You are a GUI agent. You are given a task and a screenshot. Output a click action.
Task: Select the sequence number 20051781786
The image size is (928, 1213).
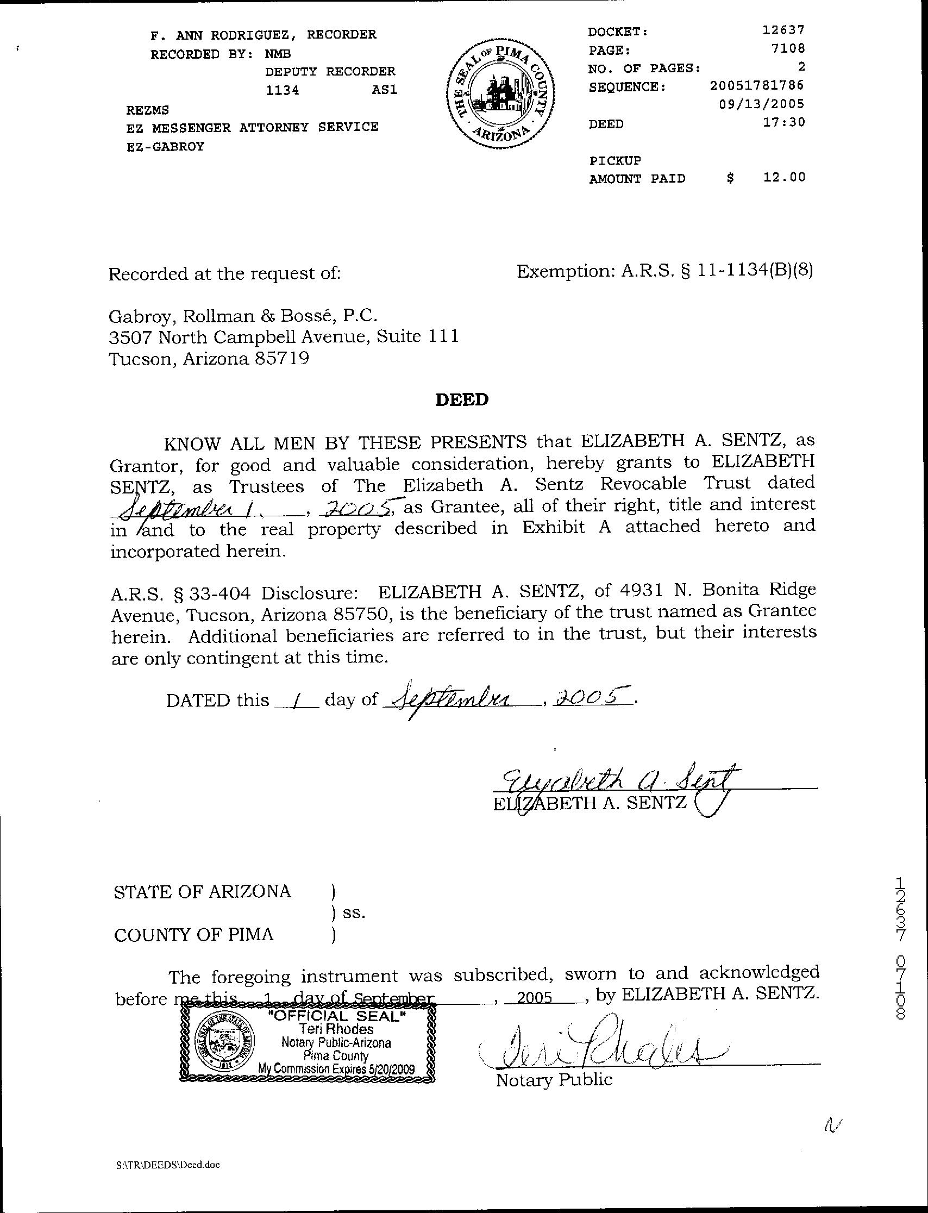tap(757, 86)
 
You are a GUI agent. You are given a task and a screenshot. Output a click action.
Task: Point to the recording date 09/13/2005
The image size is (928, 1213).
tap(762, 104)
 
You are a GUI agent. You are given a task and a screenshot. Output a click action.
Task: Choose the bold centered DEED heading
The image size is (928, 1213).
tap(462, 399)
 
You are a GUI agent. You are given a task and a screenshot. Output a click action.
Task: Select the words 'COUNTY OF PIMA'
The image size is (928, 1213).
tap(194, 935)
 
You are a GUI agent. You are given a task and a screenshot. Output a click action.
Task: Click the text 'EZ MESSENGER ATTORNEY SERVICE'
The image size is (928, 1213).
tap(253, 127)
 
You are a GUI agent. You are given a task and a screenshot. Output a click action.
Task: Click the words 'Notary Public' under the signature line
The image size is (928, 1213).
tap(554, 1079)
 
